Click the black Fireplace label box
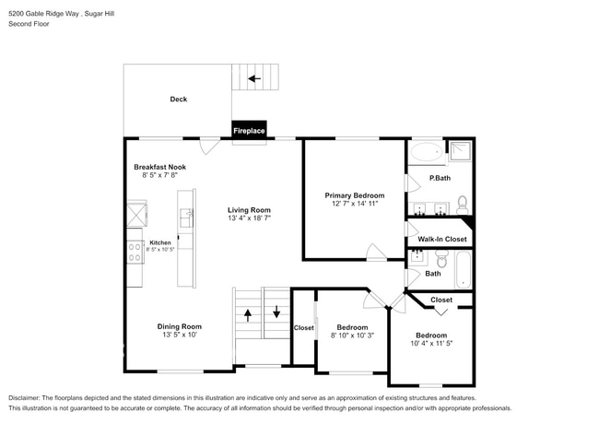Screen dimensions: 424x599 (x=249, y=131)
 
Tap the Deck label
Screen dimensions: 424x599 (x=178, y=99)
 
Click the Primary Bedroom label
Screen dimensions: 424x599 (x=354, y=195)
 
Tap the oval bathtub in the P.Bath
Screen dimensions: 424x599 (x=425, y=152)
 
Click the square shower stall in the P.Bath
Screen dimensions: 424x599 (x=460, y=150)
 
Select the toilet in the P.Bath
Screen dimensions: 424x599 (x=462, y=204)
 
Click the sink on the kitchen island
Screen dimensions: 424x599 (x=185, y=218)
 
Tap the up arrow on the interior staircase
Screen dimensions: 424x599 (x=248, y=314)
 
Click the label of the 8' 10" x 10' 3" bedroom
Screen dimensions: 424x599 (x=351, y=327)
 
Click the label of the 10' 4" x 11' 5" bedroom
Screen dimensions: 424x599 (x=430, y=335)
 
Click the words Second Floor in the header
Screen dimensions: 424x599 (x=29, y=24)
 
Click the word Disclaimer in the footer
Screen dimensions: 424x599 (x=29, y=397)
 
